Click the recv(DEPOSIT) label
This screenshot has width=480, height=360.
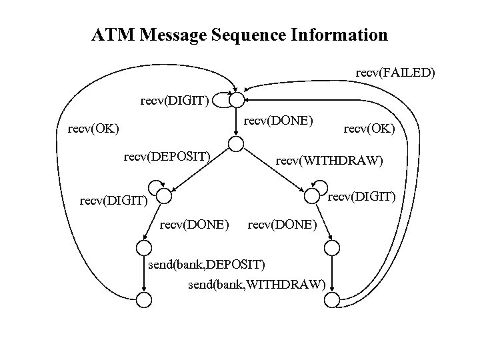167,158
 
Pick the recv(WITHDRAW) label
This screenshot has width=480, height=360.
329,161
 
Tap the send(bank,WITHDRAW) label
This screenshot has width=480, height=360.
256,286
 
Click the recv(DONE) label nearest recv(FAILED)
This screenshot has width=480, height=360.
276,121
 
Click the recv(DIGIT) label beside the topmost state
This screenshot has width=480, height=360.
175,101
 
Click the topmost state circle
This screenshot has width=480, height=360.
237,100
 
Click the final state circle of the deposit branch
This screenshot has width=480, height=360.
144,300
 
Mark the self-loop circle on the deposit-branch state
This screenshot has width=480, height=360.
155,186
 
